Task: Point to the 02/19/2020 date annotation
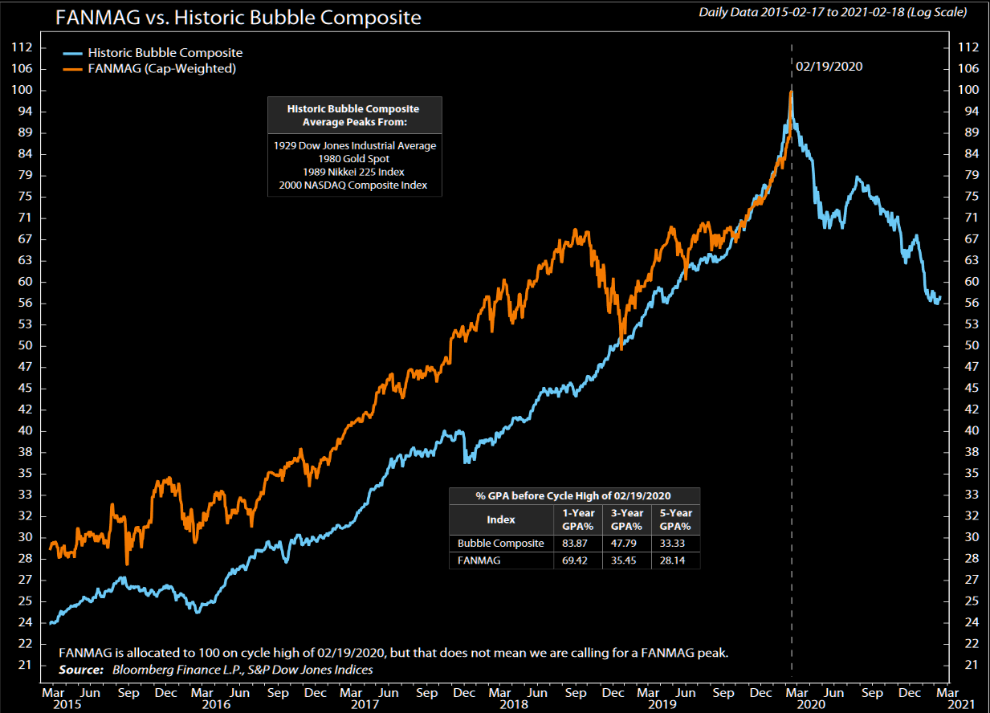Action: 829,67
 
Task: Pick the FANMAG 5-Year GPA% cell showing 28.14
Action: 675,560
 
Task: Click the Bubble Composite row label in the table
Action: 501,544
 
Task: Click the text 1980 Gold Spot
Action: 354,159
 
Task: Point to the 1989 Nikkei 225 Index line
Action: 354,172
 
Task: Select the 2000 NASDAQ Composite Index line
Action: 354,185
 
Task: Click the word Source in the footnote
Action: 80,670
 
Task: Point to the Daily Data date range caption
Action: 833,12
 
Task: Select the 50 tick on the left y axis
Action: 24,345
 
